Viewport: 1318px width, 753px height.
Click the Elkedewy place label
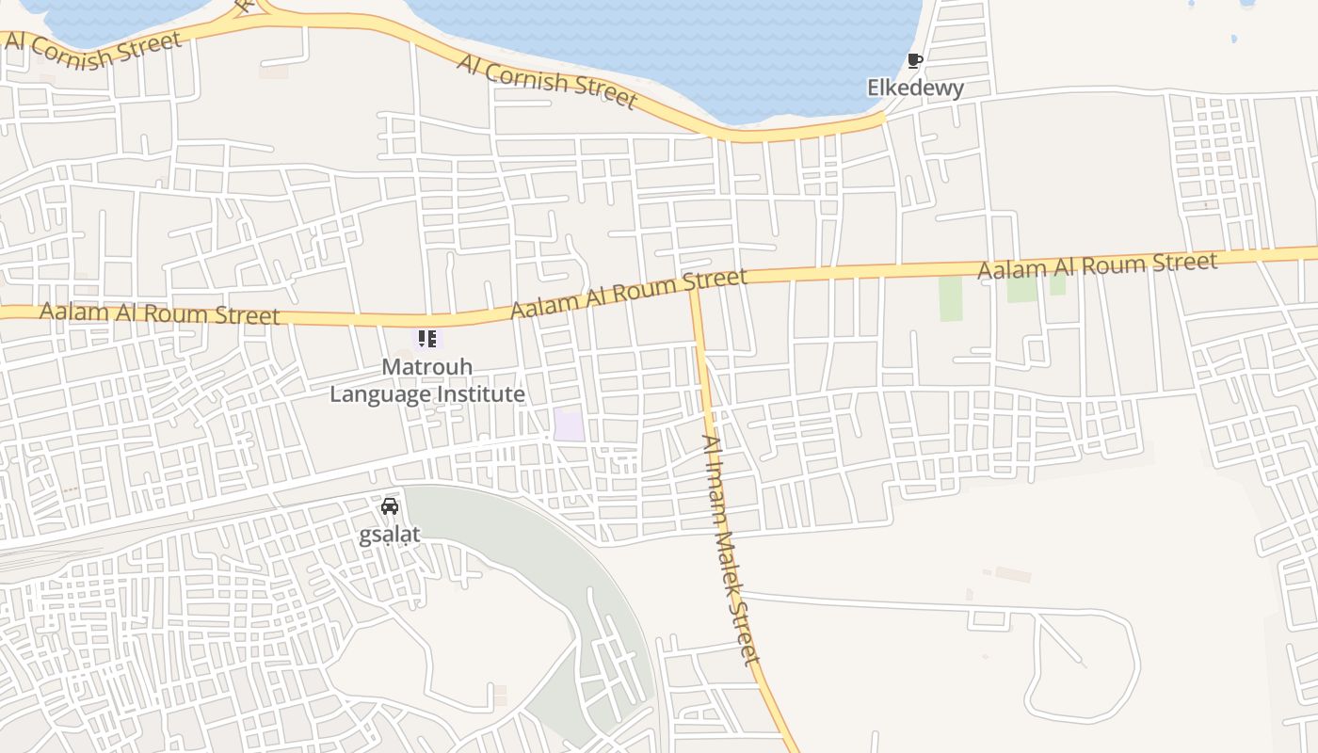(x=915, y=88)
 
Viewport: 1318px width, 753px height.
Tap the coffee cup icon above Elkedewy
(x=914, y=61)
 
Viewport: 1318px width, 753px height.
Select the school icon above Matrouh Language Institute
(x=427, y=338)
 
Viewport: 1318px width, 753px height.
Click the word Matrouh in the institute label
(x=427, y=367)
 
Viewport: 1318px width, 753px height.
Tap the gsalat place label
(x=389, y=535)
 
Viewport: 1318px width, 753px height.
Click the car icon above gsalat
(x=390, y=506)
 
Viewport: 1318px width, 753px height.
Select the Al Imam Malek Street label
(x=731, y=551)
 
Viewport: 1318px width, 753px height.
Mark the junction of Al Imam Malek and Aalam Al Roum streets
(x=696, y=287)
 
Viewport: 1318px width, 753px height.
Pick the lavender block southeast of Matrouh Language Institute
(x=569, y=425)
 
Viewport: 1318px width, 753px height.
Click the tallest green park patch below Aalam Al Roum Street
(x=951, y=298)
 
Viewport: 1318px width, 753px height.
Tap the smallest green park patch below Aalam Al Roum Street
(x=1057, y=284)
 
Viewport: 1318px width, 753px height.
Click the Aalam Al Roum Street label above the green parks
(x=1097, y=265)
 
